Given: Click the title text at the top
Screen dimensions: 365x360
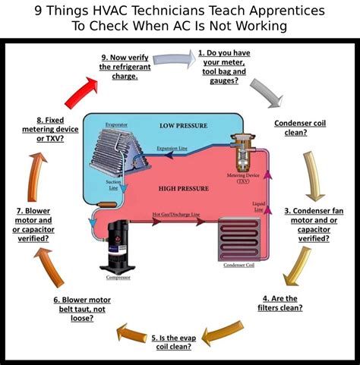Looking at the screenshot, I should tap(180, 18).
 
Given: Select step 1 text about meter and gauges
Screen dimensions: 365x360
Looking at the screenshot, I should tap(229, 67).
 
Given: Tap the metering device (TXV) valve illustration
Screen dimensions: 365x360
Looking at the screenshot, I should tap(242, 156).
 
